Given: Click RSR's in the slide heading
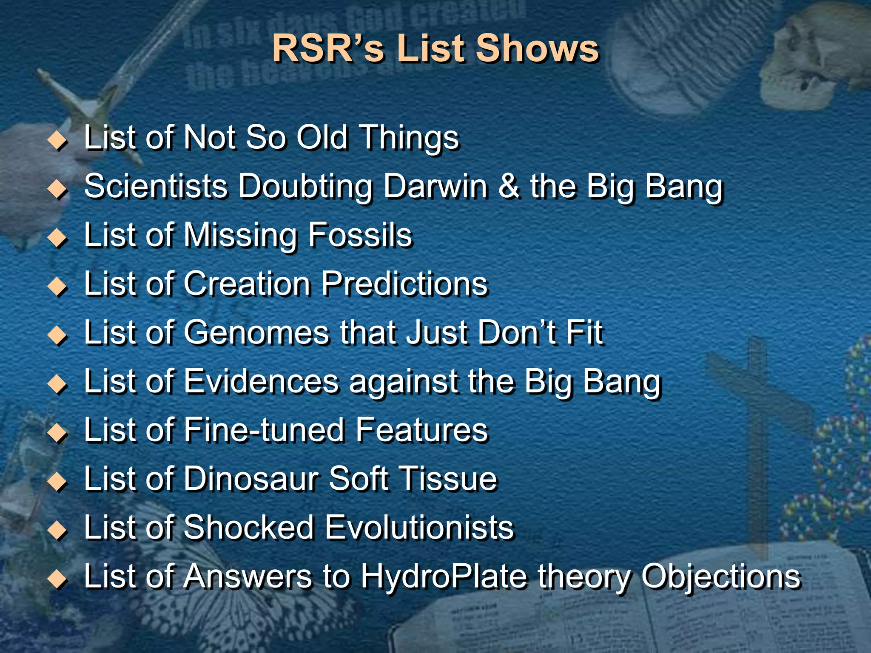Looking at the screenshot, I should [x=328, y=48].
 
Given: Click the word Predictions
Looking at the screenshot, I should [x=404, y=284].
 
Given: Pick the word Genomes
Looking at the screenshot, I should [x=256, y=332].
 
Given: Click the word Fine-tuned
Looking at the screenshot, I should [x=264, y=430].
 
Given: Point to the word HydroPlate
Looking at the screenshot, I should [x=444, y=576].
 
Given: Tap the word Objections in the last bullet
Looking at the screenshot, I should [x=721, y=576].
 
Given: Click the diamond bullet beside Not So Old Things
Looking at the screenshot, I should [x=57, y=140].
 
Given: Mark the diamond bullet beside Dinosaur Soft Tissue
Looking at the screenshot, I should [x=57, y=482].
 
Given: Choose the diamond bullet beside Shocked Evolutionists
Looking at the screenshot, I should [x=57, y=531].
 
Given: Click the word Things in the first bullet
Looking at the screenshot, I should [x=410, y=139].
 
